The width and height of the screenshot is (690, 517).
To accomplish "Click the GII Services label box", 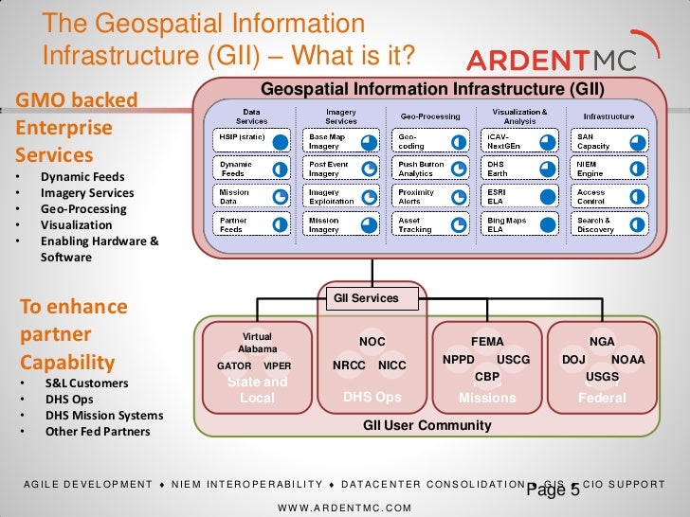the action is point(366,298).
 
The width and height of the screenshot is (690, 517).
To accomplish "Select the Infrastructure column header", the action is point(608,116).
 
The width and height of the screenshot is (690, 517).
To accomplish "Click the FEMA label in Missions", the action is point(487,342).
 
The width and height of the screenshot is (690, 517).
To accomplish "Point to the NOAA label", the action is point(627,360).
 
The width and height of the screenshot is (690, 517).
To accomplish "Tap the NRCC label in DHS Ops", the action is point(350,365).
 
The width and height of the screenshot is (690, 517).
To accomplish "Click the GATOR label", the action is point(234,365).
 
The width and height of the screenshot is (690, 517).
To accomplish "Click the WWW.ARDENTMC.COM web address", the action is point(344,508).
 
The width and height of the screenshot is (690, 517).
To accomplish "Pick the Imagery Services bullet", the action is point(87,193).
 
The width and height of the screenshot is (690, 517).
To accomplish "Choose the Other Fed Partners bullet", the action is point(98,432).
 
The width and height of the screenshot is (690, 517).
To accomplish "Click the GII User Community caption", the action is point(427,425).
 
